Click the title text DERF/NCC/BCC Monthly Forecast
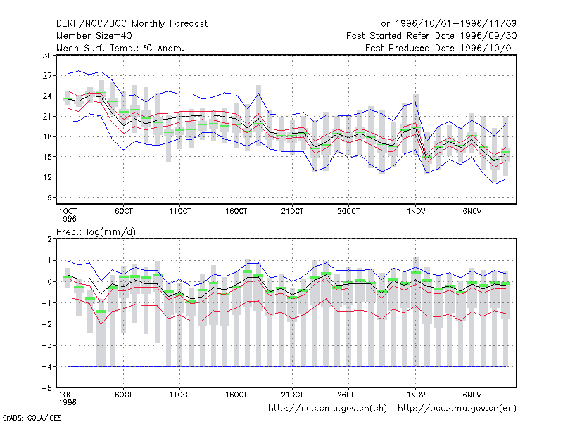click(132, 24)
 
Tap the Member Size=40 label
click(94, 36)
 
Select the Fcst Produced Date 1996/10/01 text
click(441, 48)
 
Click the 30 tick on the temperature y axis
click(47, 56)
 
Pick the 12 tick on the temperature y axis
click(47, 177)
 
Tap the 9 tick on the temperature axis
click(49, 198)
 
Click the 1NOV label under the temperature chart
click(416, 212)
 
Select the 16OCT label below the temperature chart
click(236, 212)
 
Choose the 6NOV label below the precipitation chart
click(472, 395)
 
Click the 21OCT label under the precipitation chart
click(292, 395)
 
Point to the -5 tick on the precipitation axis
click(47, 388)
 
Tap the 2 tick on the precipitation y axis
click(49, 239)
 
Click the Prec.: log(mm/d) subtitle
click(96, 232)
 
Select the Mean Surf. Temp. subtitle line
click(120, 48)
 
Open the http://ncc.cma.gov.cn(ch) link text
click(327, 409)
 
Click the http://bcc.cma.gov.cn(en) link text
click(457, 409)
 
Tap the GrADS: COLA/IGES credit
click(32, 418)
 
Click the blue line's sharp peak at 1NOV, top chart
click(416, 102)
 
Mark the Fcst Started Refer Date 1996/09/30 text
click(431, 36)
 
